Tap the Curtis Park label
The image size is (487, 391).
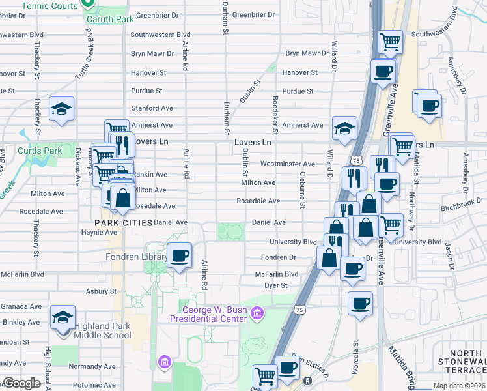(39, 151)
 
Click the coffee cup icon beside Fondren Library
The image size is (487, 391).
(179, 255)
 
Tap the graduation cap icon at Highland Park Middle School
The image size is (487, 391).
(63, 317)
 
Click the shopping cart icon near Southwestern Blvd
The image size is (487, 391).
(390, 42)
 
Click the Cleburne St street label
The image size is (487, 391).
(303, 190)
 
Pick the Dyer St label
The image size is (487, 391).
(276, 285)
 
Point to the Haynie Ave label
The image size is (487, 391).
(98, 232)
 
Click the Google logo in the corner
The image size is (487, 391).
(21, 383)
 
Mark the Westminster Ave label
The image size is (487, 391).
(288, 164)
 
